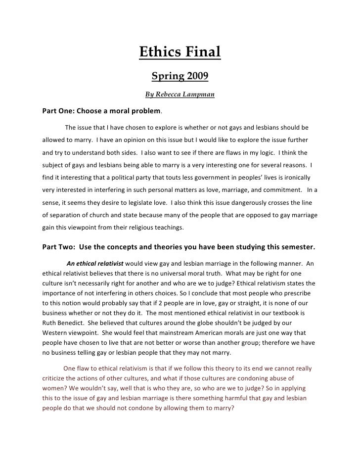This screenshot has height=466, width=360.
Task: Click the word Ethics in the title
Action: (158, 52)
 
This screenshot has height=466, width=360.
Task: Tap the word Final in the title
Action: (201, 52)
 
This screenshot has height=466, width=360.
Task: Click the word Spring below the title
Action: (166, 77)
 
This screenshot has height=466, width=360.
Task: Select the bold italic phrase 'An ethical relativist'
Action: (94, 263)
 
